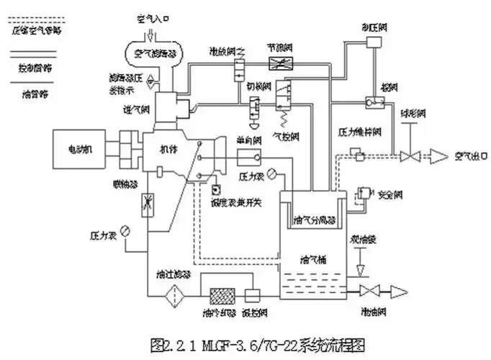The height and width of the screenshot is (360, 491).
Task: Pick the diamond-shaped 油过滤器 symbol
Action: tap(173, 295)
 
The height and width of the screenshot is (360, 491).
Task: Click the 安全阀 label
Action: tap(389, 194)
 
